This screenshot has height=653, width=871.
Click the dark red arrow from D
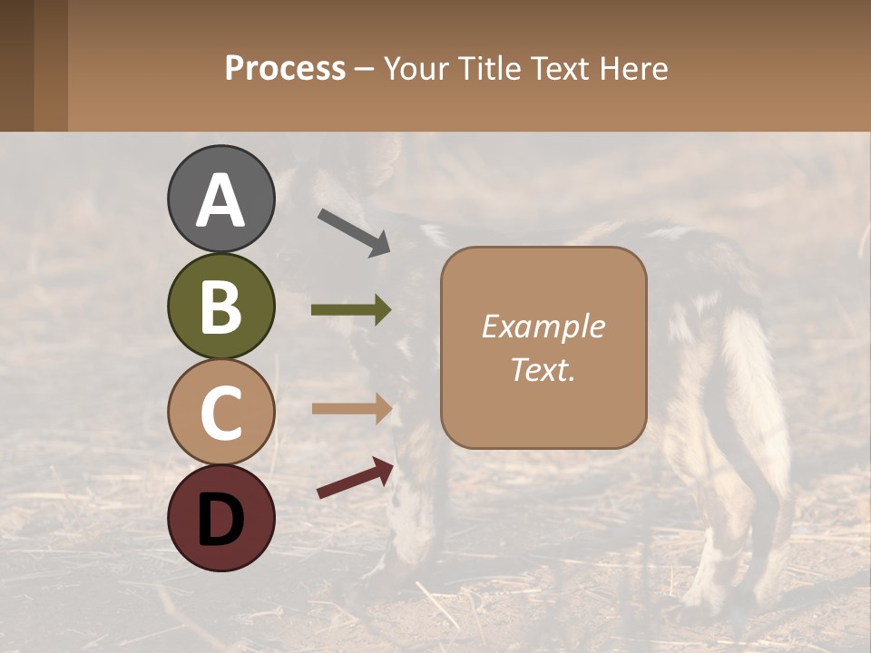[355, 479]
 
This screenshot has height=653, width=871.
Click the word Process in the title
[285, 69]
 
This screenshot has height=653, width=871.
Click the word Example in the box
[543, 327]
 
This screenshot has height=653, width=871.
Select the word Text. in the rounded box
[543, 369]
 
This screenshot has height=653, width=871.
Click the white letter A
[220, 200]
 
